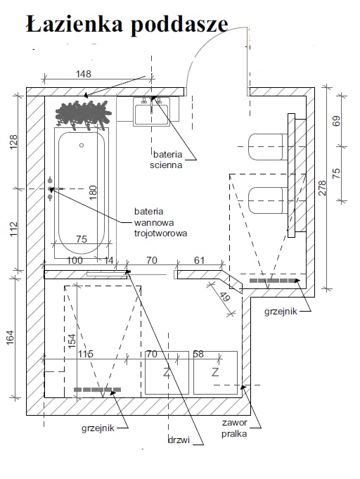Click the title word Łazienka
75,23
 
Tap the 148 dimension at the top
84,74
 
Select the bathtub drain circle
82,145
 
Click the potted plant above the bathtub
84,115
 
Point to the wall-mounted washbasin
151,112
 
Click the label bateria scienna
166,160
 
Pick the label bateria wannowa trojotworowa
160,222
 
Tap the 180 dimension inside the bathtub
93,192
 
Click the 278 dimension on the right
323,188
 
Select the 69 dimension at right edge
336,122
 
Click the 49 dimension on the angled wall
225,297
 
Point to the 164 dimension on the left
11,338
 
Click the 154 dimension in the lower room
72,340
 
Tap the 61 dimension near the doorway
199,260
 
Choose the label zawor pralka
235,428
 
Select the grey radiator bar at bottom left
98,390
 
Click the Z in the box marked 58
215,372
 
